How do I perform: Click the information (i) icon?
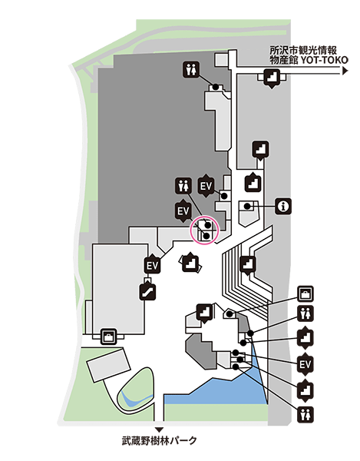pos(283,206)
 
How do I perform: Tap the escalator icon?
pos(147,292)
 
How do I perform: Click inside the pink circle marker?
pos(205,230)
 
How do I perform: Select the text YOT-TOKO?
pos(324,60)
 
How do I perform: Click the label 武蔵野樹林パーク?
pos(160,441)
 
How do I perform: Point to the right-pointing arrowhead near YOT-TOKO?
pos(345,71)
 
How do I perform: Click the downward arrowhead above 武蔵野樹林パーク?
pos(159,429)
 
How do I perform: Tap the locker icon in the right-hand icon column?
pos(306,294)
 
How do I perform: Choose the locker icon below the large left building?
pos(109,337)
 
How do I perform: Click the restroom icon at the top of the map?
pos(191,70)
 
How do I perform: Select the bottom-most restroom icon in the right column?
pos(306,415)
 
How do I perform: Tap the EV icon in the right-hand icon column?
pos(306,365)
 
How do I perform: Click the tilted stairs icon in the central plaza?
pos(190,263)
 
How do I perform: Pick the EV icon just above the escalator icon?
pos(153,265)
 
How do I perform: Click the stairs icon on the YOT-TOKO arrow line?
pos(272,78)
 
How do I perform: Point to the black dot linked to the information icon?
pos(247,206)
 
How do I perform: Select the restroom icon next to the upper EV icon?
pos(183,185)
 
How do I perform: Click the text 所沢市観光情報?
pos(303,50)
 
